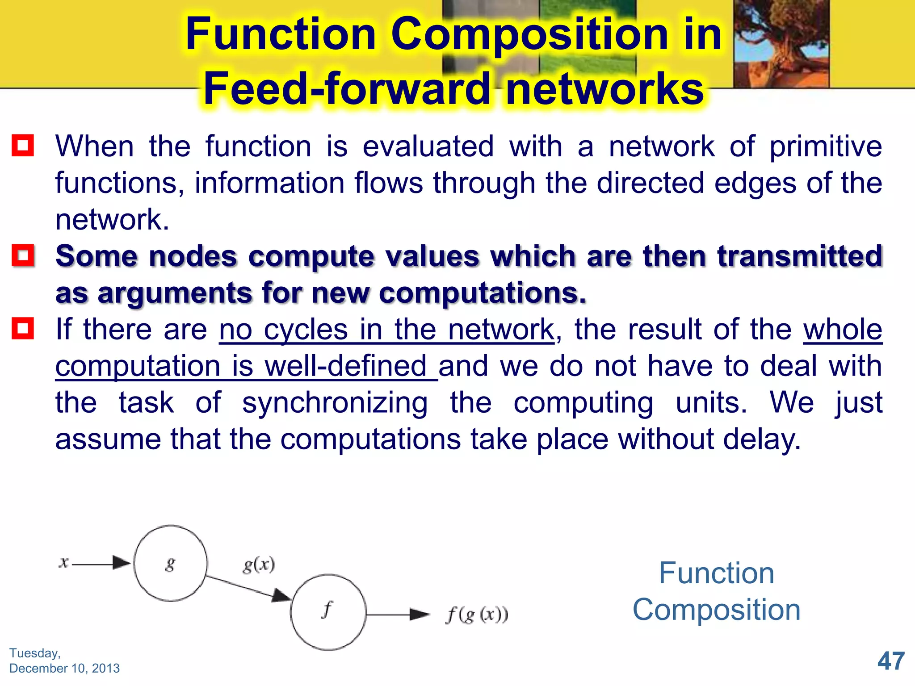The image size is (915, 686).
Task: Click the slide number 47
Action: [891, 661]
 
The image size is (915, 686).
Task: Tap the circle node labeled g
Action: [170, 563]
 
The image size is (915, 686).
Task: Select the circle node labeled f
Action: [328, 612]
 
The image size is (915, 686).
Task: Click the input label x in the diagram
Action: [64, 563]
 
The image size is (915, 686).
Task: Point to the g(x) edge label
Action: [259, 565]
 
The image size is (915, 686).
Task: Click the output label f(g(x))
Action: [477, 615]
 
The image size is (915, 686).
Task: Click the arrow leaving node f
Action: [398, 615]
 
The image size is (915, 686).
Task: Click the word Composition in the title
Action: [529, 34]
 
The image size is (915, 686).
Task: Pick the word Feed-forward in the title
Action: [347, 89]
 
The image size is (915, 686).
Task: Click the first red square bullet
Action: [23, 146]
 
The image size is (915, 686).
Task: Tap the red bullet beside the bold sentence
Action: [23, 255]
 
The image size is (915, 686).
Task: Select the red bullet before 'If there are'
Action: [23, 329]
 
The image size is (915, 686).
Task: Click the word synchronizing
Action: [335, 403]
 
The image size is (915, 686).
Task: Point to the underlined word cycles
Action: [306, 330]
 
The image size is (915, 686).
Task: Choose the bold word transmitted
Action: [800, 256]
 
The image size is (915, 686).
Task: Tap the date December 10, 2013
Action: [64, 668]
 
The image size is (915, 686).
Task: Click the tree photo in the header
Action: [781, 43]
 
